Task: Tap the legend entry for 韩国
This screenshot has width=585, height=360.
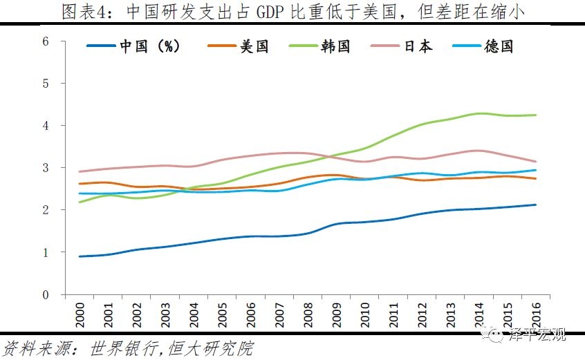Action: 335,47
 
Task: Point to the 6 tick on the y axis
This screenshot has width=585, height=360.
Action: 45,41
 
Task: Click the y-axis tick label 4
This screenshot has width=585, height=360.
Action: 45,126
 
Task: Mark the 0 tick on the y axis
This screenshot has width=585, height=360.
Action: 45,295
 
